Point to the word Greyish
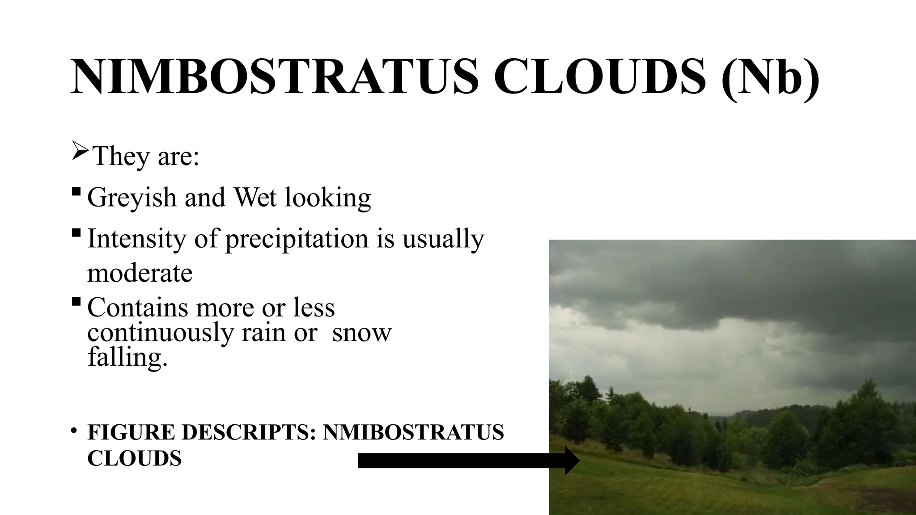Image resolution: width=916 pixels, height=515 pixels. click(x=132, y=198)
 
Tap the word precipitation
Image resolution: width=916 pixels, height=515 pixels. click(x=296, y=240)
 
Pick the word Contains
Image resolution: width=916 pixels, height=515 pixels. click(x=137, y=308)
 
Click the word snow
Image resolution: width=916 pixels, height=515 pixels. click(x=362, y=333)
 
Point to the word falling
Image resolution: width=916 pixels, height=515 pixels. click(x=127, y=357)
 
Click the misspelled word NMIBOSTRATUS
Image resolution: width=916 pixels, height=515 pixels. click(x=413, y=432)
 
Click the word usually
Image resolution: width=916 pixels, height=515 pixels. click(x=443, y=240)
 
